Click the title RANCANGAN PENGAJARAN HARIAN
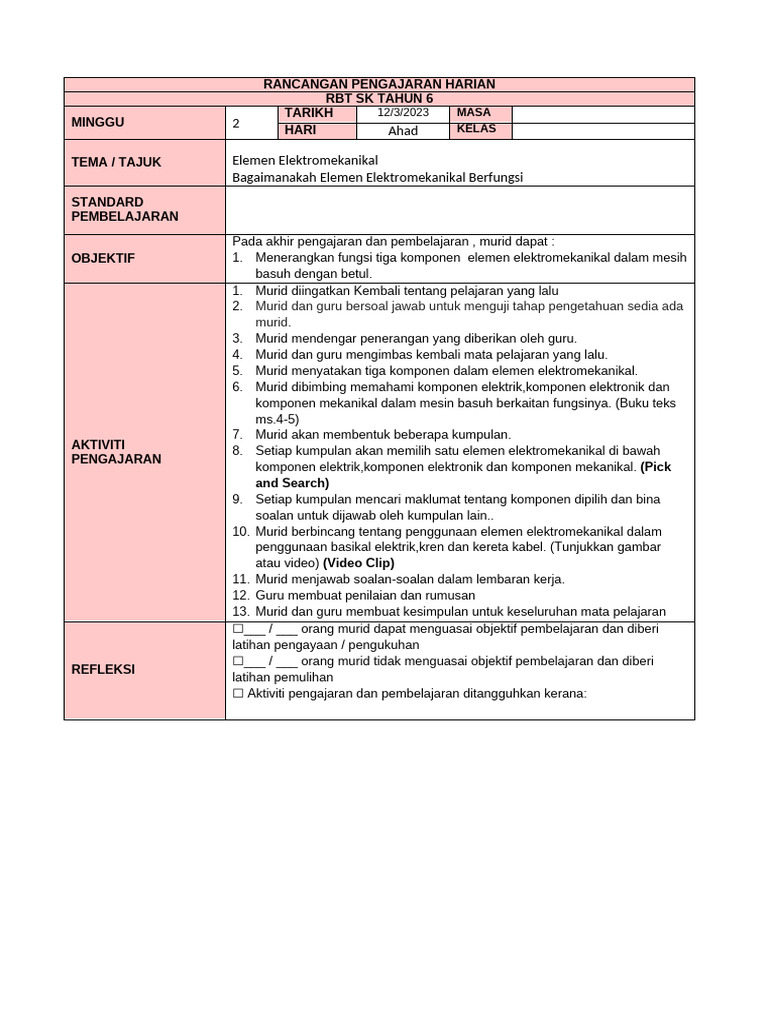[379, 84]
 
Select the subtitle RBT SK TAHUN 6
[379, 98]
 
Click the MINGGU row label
[97, 122]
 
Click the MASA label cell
[473, 113]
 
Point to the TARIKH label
[307, 113]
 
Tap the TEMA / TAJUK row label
[116, 162]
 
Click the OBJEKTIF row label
[102, 258]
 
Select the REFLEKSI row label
[102, 669]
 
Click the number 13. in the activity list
[240, 611]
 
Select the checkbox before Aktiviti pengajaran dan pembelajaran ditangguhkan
[238, 694]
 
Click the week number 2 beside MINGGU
[236, 124]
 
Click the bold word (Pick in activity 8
[657, 467]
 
